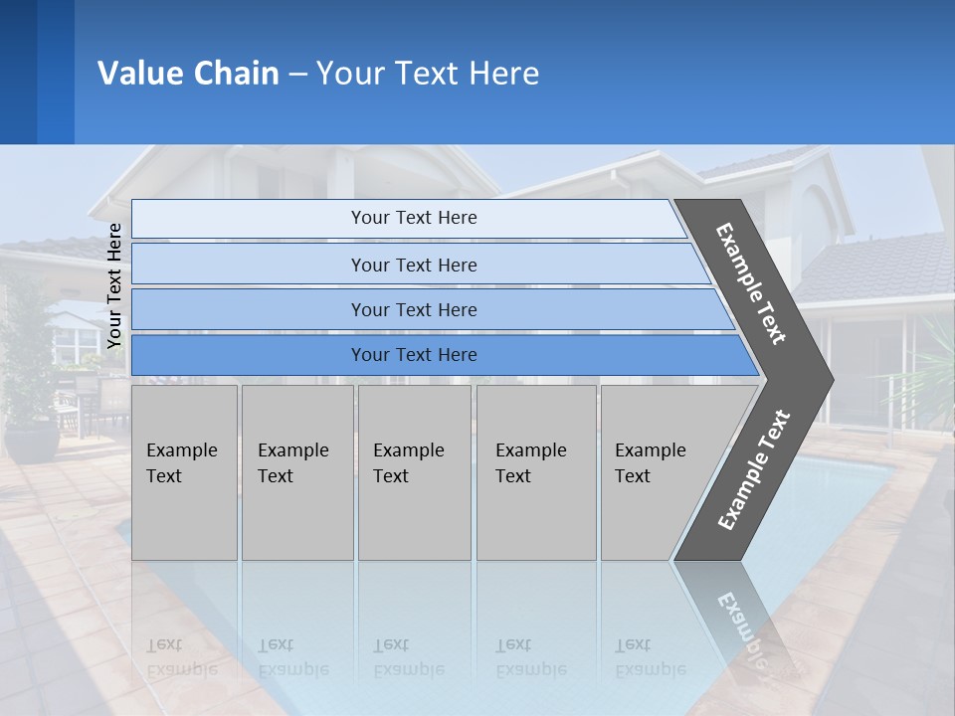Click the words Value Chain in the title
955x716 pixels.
[188, 74]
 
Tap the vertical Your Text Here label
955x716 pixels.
[114, 284]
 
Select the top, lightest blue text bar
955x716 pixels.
[413, 218]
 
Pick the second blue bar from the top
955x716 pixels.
[413, 265]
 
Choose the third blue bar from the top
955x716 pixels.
[413, 309]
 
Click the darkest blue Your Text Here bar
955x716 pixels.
[413, 355]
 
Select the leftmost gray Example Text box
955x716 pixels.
[183, 471]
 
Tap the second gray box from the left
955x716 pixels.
[296, 471]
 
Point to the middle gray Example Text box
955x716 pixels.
[413, 471]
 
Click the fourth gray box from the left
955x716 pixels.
[535, 471]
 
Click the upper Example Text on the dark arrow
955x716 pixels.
[751, 283]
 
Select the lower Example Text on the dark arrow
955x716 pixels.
[753, 470]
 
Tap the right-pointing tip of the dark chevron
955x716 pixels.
[826, 380]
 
